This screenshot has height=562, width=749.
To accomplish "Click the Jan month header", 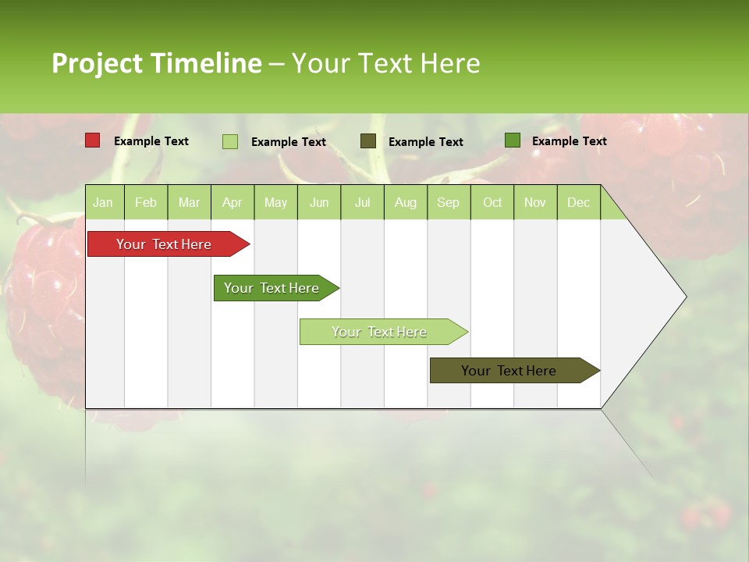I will [104, 202].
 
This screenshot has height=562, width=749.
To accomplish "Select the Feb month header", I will [146, 202].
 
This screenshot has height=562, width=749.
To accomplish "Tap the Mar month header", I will [189, 202].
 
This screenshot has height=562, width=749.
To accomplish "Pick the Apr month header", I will [233, 202].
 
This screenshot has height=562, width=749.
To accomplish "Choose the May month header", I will [275, 202].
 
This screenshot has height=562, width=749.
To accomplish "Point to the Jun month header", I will [319, 202].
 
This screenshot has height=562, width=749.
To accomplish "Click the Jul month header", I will [362, 202].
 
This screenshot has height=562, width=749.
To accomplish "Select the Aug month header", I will [406, 202].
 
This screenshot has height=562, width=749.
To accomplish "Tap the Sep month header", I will [449, 202].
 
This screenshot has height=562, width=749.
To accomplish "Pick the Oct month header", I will [492, 202].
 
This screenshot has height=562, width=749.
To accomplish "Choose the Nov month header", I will [535, 202].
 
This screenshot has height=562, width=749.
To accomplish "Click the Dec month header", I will [579, 202].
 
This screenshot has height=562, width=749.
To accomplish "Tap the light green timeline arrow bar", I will [380, 332].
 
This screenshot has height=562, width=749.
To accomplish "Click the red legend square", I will [93, 140].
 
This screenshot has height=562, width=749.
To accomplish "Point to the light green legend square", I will [230, 141].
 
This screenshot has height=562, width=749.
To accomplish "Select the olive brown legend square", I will [368, 140].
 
